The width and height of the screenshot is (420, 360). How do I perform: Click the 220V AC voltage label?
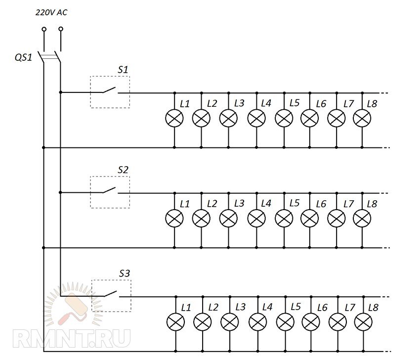point(51,13)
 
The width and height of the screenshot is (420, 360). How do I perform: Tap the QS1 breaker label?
point(23,57)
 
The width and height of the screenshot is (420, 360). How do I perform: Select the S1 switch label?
point(123,70)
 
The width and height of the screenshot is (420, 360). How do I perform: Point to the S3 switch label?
point(124,273)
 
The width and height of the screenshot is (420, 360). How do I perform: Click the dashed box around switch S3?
point(111,296)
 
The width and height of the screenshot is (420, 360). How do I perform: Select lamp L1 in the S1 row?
point(174,118)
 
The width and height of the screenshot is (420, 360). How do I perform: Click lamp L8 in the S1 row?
point(362,118)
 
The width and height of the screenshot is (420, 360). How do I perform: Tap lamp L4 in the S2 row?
point(256,218)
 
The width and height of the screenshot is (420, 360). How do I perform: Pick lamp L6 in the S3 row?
point(311,322)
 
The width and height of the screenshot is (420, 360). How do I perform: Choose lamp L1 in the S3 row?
point(175,322)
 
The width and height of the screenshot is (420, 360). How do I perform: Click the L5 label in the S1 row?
point(294,103)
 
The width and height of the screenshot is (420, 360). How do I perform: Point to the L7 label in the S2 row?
point(349,203)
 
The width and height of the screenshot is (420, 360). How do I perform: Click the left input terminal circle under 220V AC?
point(43,29)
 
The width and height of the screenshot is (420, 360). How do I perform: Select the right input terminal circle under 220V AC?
point(60,29)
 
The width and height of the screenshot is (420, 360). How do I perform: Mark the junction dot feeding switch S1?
point(60,92)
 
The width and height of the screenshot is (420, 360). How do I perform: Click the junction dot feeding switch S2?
point(60,192)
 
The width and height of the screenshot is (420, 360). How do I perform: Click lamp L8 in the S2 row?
point(362,218)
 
